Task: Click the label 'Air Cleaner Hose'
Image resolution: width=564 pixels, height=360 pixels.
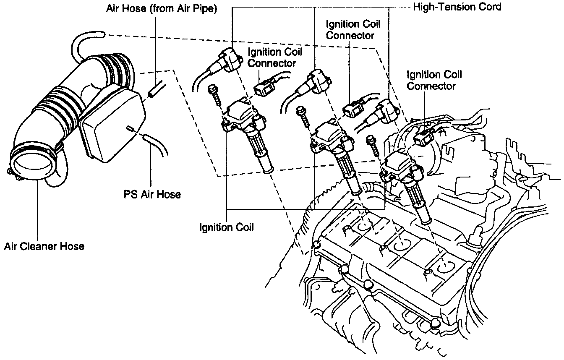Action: coord(44,246)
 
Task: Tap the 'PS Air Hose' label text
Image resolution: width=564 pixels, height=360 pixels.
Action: coord(152,194)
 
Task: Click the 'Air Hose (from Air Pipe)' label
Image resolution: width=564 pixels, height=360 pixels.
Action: coord(161,9)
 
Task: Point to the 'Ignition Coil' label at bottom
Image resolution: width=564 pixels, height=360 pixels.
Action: coord(227,227)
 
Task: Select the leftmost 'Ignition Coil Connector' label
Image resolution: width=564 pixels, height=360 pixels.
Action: coord(275,58)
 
